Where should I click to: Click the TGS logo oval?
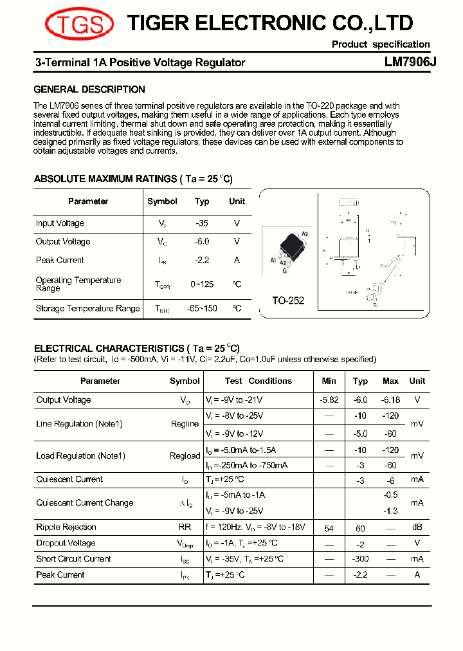click(x=79, y=25)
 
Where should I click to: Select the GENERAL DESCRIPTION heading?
click(x=89, y=89)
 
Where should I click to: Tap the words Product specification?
click(x=381, y=44)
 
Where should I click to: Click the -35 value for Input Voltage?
click(x=202, y=223)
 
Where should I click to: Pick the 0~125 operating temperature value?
click(x=202, y=284)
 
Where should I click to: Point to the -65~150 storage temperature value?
click(x=202, y=308)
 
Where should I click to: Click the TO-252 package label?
click(x=288, y=300)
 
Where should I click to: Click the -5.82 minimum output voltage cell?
click(x=329, y=399)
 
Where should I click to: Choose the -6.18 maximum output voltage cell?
click(x=390, y=399)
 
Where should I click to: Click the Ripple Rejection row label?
click(x=66, y=527)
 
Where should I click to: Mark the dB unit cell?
click(x=417, y=527)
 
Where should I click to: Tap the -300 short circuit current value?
click(x=360, y=559)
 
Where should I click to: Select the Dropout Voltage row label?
click(x=66, y=543)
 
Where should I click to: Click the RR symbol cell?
click(x=185, y=527)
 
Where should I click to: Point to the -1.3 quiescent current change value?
click(x=390, y=511)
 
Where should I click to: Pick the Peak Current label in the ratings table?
click(x=60, y=260)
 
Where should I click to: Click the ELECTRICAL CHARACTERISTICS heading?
click(x=136, y=348)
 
